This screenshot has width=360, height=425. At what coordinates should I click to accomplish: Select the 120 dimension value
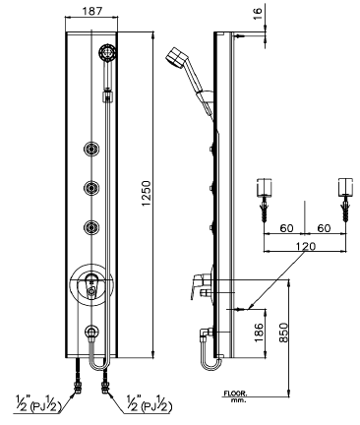point(304,249)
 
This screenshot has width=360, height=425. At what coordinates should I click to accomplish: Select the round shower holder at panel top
point(107,53)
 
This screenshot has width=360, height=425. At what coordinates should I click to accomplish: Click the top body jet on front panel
point(91,150)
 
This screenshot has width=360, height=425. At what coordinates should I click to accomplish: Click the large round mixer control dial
point(90,282)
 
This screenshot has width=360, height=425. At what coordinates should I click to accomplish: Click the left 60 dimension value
point(285,228)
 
